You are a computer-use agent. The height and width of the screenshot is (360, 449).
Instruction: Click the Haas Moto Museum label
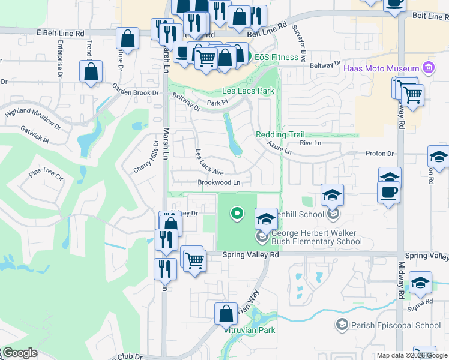(382, 68)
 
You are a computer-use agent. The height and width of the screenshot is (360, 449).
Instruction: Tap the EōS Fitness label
(276, 58)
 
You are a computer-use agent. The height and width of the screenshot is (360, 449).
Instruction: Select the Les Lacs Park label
(248, 91)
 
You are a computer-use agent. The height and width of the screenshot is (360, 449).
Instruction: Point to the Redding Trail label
(280, 135)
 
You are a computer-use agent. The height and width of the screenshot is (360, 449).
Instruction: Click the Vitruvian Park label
(249, 331)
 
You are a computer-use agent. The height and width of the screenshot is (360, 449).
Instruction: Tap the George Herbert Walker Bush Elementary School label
(316, 238)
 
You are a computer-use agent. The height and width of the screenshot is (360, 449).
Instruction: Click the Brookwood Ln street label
(219, 182)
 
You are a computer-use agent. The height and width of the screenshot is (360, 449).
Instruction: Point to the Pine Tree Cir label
(46, 176)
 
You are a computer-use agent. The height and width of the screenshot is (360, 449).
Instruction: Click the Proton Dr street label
(379, 154)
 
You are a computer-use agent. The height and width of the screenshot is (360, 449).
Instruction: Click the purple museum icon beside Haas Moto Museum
(428, 67)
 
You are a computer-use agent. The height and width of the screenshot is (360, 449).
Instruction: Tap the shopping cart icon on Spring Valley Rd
(194, 260)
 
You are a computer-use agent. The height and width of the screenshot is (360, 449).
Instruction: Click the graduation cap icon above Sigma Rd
(420, 283)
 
